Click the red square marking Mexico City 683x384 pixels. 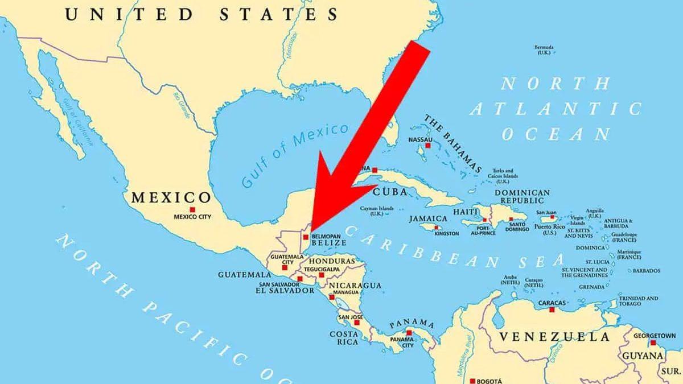(x=192, y=209)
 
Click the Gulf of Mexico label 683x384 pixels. (x=294, y=155)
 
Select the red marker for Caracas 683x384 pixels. (x=552, y=310)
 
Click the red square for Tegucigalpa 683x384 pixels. (x=322, y=275)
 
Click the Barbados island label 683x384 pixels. (x=646, y=270)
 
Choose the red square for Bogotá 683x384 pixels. (x=472, y=380)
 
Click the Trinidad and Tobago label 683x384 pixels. (x=639, y=301)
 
